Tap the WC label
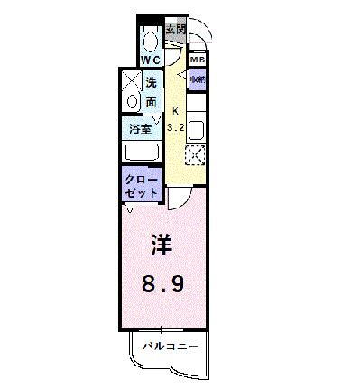coord(151,60)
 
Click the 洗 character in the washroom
coord(152,84)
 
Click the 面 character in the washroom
coord(152,101)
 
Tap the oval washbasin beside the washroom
coord(132,102)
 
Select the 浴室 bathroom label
coord(140,128)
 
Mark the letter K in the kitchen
coord(174,112)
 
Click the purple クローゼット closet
coord(141,186)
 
